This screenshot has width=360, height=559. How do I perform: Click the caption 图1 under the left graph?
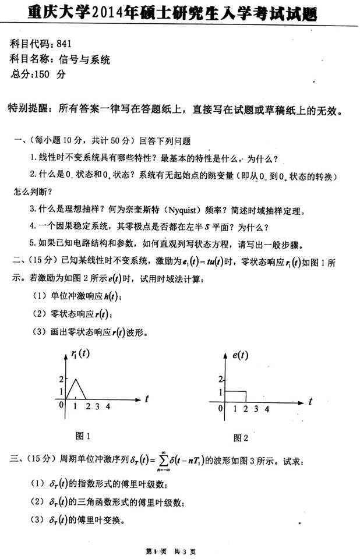(x=83, y=435)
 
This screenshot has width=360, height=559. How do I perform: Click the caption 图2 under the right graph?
(x=241, y=437)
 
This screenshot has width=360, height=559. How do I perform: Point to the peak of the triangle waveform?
(x=75, y=379)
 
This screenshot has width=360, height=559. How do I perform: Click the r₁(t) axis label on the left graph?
(x=80, y=353)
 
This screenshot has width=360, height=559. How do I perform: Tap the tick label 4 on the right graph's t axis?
(x=266, y=409)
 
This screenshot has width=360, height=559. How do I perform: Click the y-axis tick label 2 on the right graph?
(x=220, y=379)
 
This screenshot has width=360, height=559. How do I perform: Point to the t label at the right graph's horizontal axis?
(x=311, y=401)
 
